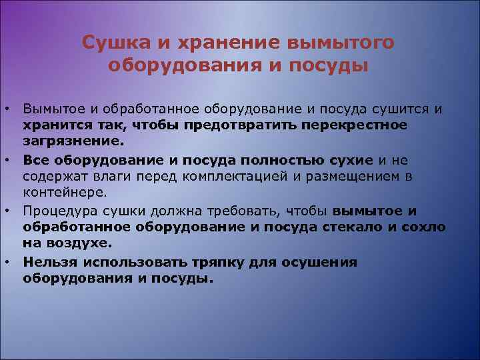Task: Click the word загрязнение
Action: (x=64, y=141)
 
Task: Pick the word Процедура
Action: (x=57, y=211)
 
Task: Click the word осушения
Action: (x=326, y=263)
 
